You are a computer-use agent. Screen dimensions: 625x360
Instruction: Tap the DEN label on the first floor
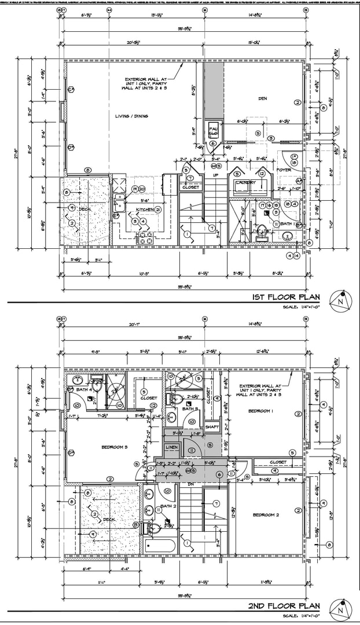coord(263,99)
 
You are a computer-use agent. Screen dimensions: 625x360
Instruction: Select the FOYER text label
coord(284,170)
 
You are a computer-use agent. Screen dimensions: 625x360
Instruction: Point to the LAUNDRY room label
coord(245,183)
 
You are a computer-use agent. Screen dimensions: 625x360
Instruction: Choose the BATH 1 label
coord(289,223)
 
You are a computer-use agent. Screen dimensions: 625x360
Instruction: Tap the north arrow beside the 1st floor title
coord(340,300)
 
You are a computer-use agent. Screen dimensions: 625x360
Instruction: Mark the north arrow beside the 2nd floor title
coord(340,608)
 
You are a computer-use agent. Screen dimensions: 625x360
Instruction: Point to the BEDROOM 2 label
coord(266,514)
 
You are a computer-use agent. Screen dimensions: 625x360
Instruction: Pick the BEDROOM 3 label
coord(114,447)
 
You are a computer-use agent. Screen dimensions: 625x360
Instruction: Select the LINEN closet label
coord(172,447)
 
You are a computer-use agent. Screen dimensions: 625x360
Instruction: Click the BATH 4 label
coord(84,389)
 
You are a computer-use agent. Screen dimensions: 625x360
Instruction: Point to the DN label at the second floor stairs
coord(190,484)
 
